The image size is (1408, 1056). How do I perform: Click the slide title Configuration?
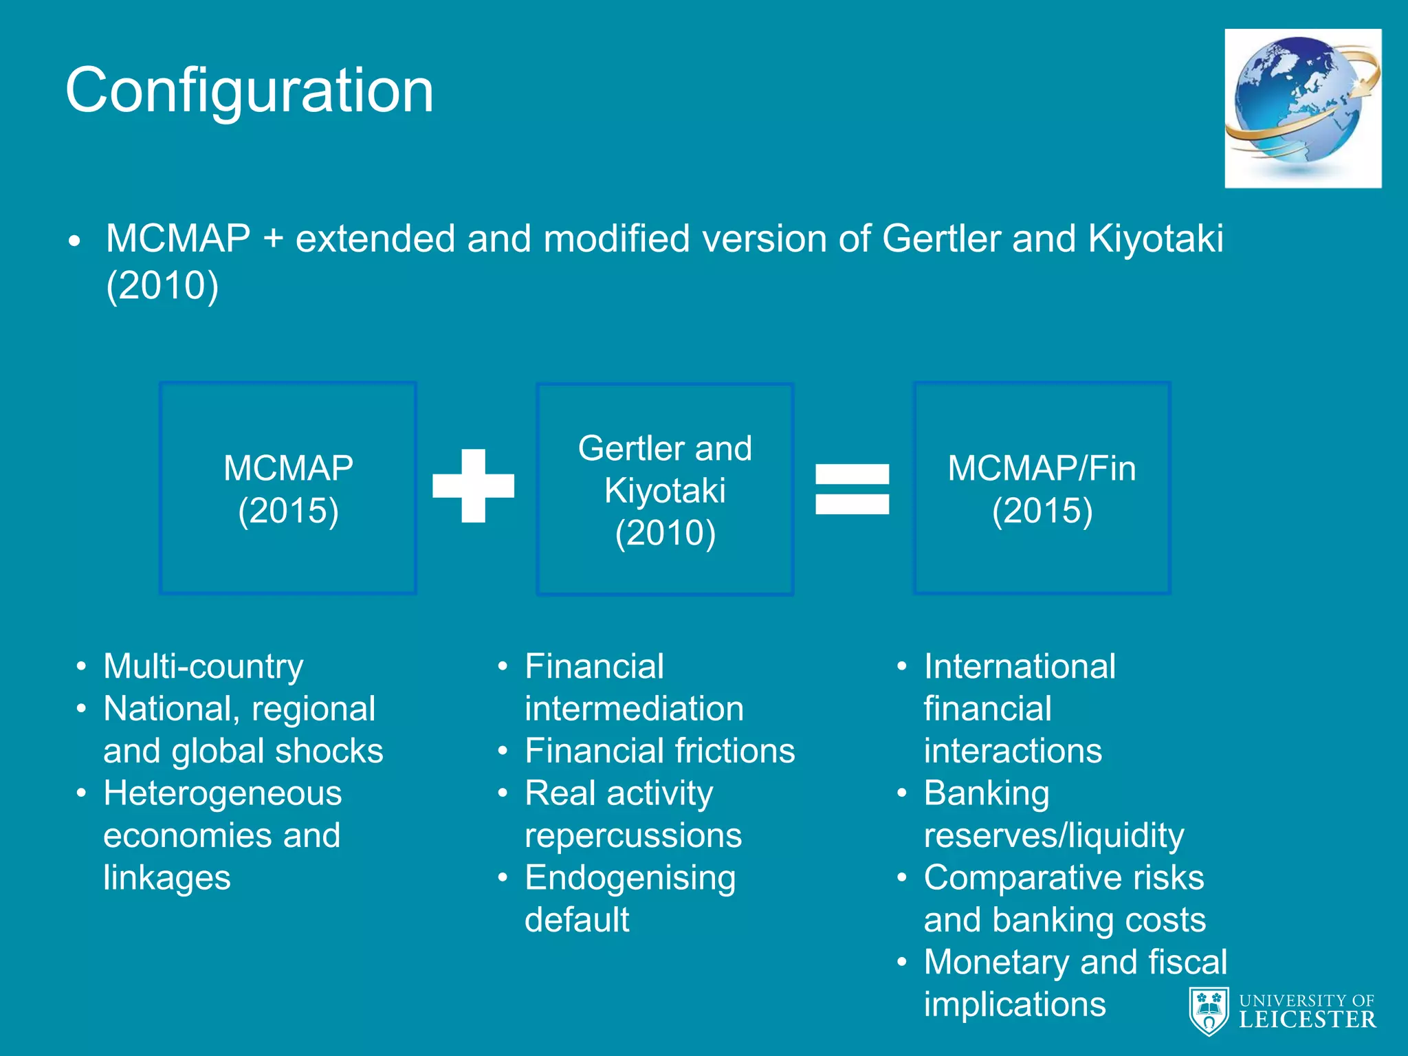[250, 90]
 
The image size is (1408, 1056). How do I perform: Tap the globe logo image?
[1302, 108]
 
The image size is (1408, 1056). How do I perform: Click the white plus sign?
[473, 485]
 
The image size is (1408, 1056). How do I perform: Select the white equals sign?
[852, 489]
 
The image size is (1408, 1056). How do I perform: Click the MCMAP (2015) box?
[288, 488]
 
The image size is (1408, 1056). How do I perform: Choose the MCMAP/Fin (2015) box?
[1042, 488]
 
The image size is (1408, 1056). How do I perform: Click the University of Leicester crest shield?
[1209, 1011]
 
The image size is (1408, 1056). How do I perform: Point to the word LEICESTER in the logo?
[1307, 1020]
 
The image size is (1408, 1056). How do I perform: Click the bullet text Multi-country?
[203, 666]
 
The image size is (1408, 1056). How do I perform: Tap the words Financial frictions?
[659, 751]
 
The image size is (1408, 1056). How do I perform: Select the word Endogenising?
[630, 878]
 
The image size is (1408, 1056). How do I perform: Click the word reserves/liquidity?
[1053, 835]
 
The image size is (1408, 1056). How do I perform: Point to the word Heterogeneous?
[222, 793]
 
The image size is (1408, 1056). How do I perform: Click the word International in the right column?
[1019, 666]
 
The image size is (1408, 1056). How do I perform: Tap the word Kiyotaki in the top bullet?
[1155, 239]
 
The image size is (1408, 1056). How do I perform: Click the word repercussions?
[632, 835]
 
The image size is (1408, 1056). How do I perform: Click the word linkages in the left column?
[167, 878]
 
